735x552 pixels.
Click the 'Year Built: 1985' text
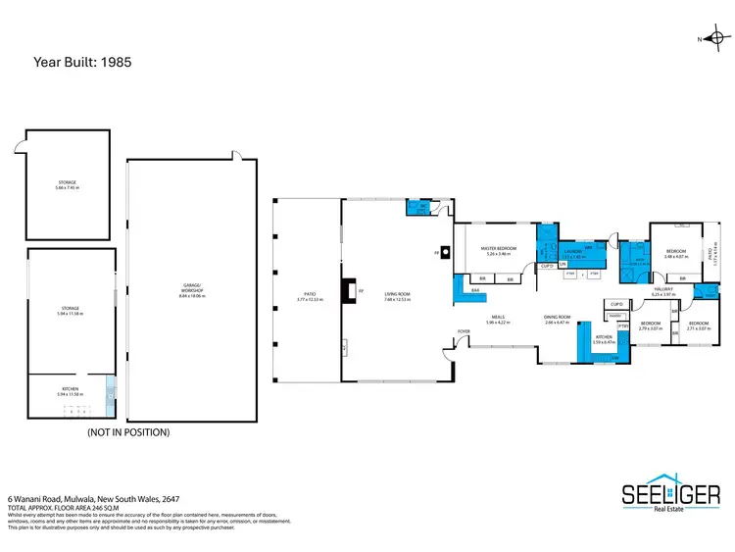point(83,61)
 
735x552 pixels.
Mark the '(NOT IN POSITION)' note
point(128,431)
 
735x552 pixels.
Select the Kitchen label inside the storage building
point(71,391)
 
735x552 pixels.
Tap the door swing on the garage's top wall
point(234,155)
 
